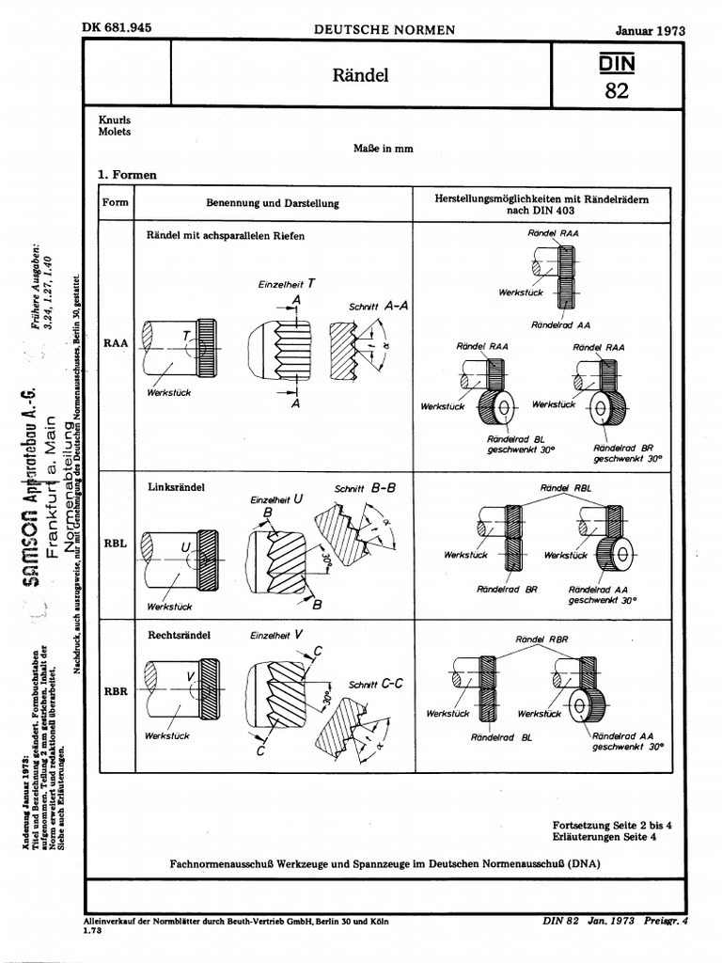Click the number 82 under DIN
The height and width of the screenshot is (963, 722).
pyautogui.click(x=618, y=91)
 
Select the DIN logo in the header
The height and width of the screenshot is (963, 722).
pyautogui.click(x=618, y=63)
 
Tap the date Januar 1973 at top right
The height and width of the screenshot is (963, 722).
pyautogui.click(x=650, y=30)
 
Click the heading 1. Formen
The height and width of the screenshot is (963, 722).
pyautogui.click(x=127, y=174)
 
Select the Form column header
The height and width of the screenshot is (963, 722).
pyautogui.click(x=116, y=203)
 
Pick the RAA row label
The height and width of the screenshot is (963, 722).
pyautogui.click(x=116, y=343)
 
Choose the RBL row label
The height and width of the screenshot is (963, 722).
pyautogui.click(x=116, y=545)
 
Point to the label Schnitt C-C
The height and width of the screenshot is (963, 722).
pyautogui.click(x=375, y=685)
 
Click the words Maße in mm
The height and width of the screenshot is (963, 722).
pyautogui.click(x=383, y=149)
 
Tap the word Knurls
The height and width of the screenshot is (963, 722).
pyautogui.click(x=114, y=120)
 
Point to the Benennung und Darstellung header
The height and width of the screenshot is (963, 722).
pyautogui.click(x=273, y=203)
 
